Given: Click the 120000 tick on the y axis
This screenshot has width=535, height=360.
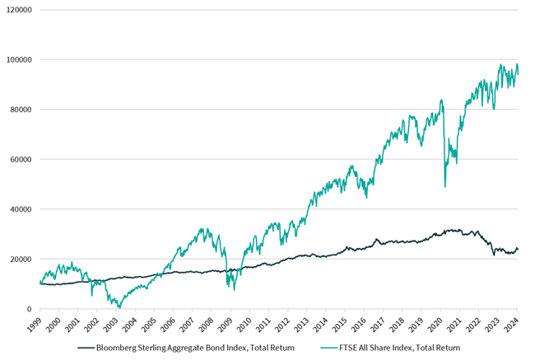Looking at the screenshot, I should pyautogui.click(x=18, y=10).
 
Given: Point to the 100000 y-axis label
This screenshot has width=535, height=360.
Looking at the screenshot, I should pyautogui.click(x=18, y=60).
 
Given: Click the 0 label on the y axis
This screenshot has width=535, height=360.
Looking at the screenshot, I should pyautogui.click(x=30, y=309).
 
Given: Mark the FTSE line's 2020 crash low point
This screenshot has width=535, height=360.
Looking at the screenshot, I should pyautogui.click(x=445, y=186).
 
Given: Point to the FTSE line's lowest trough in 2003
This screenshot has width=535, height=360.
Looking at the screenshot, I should pyautogui.click(x=120, y=307).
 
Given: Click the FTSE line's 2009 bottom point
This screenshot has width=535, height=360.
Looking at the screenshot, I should pyautogui.click(x=235, y=289).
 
